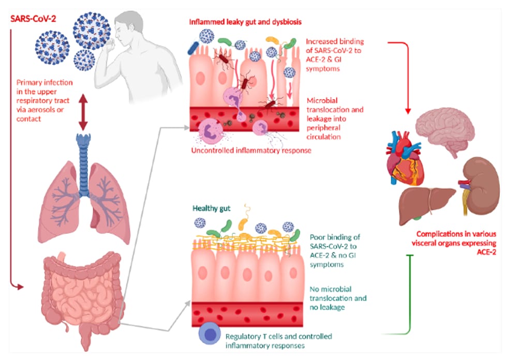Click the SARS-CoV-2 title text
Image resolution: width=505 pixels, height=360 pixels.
point(33,19)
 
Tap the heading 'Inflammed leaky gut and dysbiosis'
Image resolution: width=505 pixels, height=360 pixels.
point(245,22)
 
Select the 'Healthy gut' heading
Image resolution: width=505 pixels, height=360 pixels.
point(211,208)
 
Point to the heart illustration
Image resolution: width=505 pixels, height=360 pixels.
point(404,158)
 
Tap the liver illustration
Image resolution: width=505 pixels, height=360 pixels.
point(426,205)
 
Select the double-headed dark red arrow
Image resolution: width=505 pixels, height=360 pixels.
point(83,112)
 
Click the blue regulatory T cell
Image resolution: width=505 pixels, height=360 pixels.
point(210,334)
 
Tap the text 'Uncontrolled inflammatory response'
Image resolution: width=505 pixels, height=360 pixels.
point(251,151)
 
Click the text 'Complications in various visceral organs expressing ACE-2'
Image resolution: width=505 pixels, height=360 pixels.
point(454,243)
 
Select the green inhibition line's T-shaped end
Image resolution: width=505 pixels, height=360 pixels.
point(410,256)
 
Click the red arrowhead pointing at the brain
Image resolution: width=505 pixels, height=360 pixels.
point(408,111)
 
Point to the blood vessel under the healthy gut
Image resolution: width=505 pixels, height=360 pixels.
point(247,314)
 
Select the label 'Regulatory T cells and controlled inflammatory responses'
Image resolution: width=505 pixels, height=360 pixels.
point(278,341)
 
